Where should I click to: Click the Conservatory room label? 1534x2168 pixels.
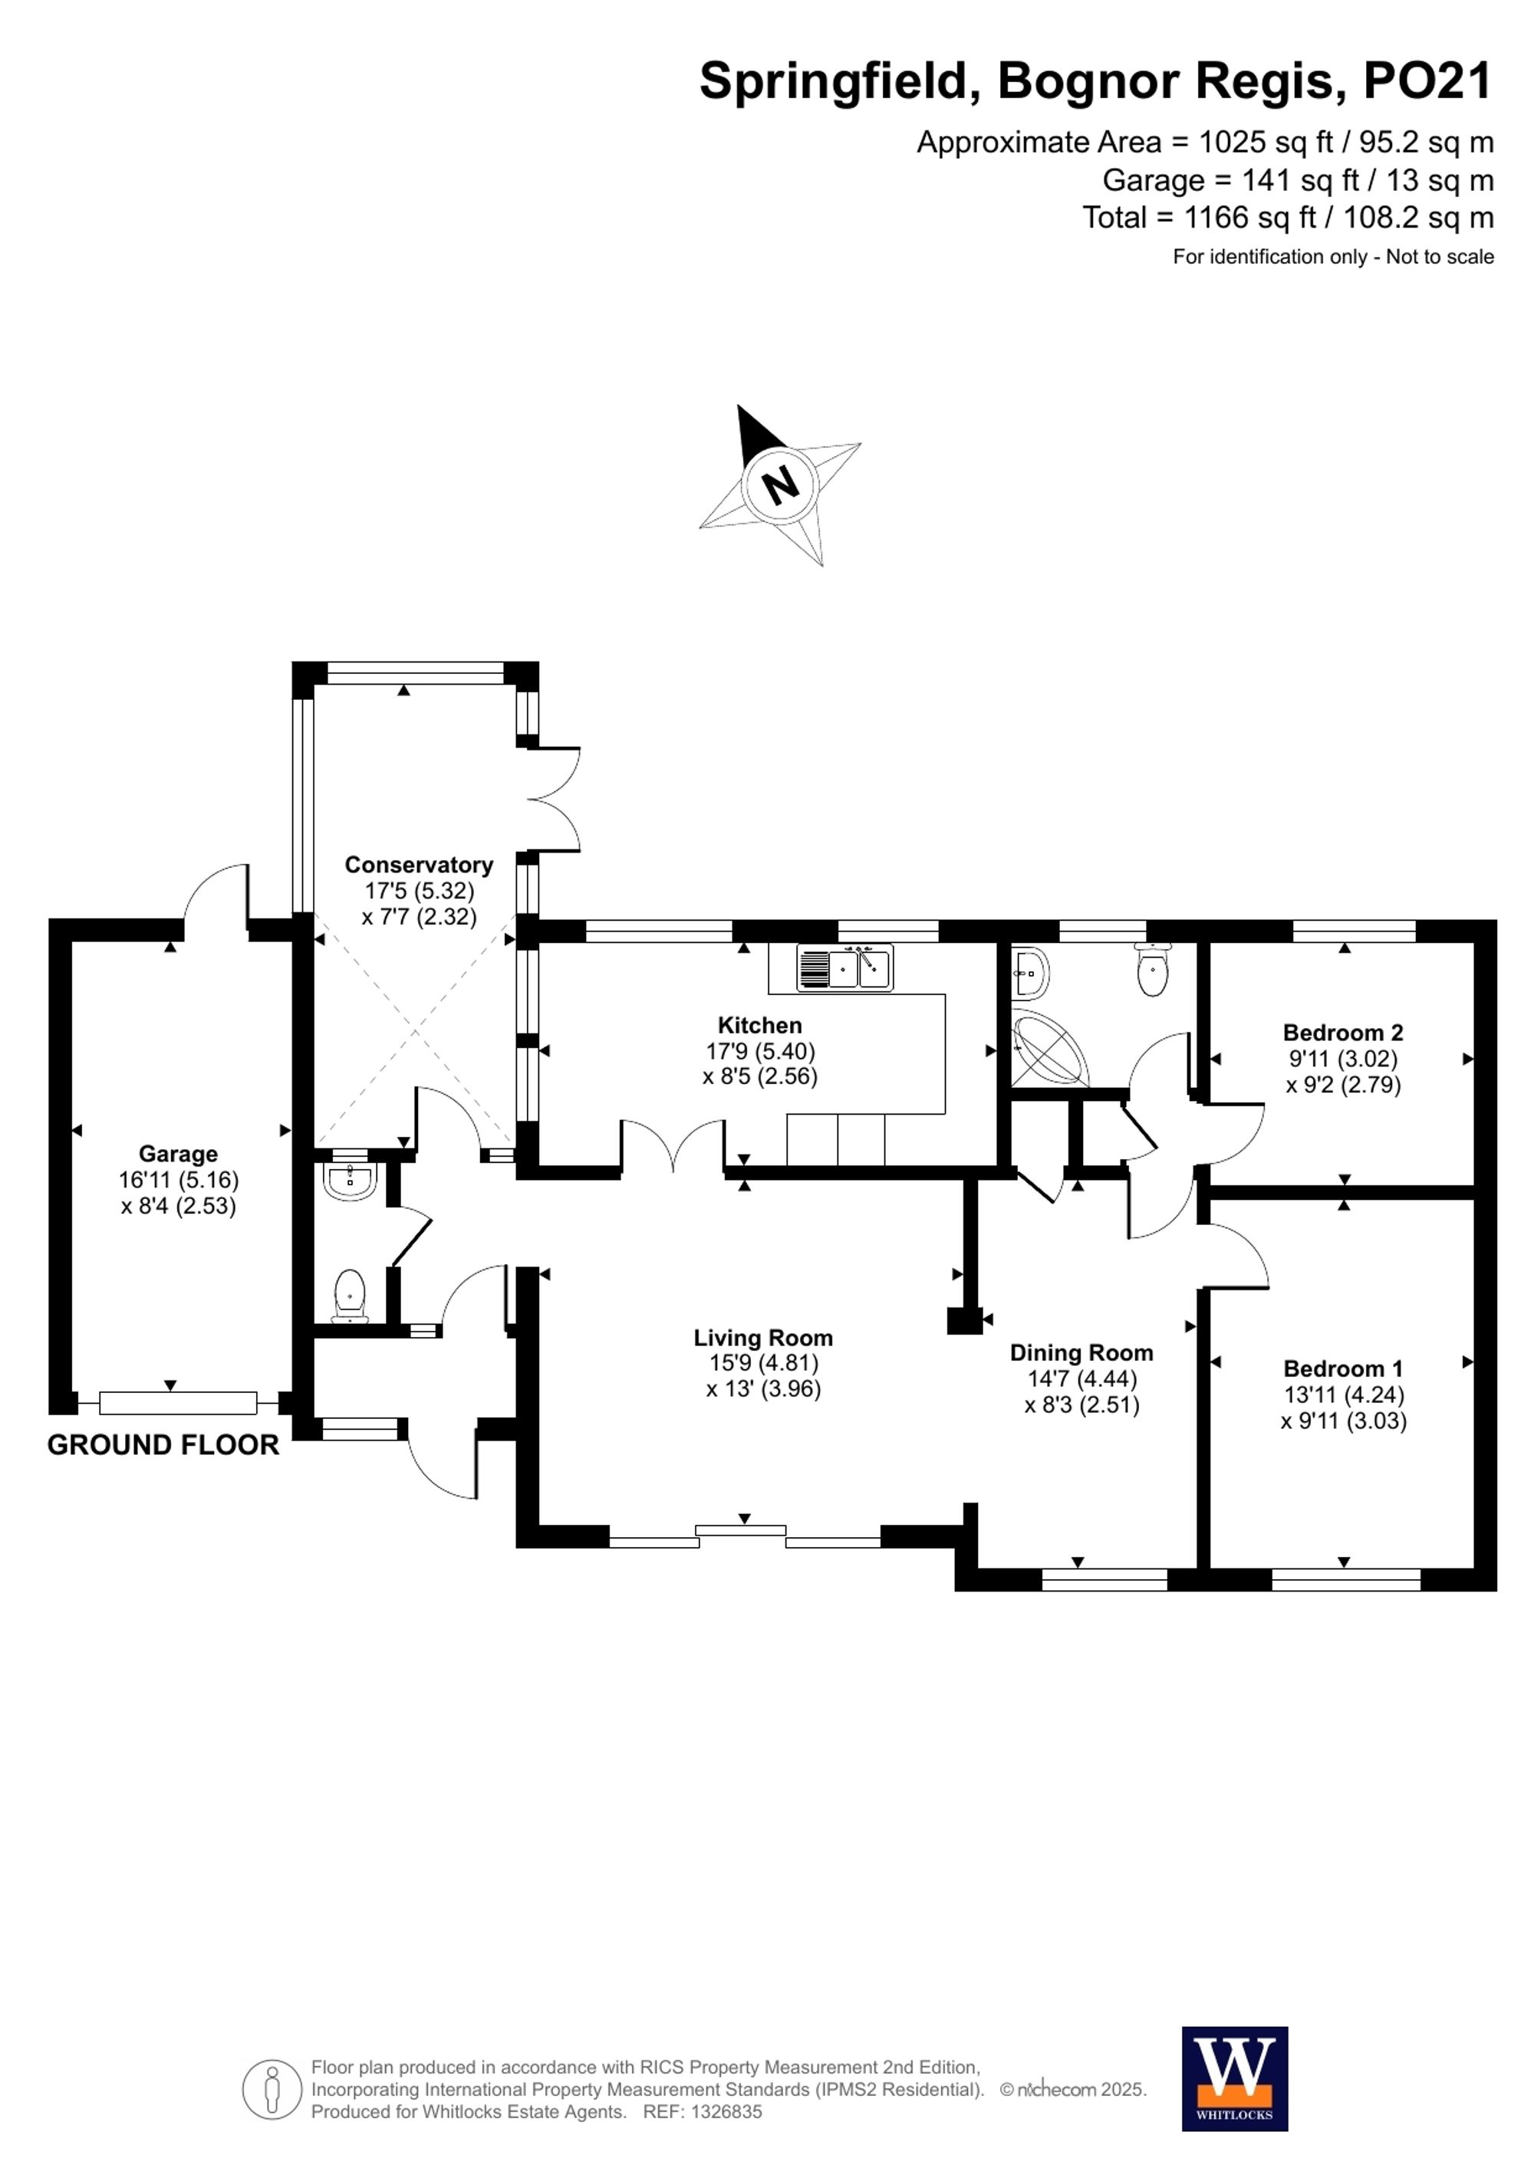pos(419,865)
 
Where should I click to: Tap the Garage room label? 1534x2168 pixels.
pos(178,1154)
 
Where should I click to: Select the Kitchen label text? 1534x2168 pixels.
pos(759,1026)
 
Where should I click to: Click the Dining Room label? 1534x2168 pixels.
pos(1081,1353)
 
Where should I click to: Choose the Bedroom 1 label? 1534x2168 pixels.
pos(1343,1369)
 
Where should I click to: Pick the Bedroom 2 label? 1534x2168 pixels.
pos(1343,1033)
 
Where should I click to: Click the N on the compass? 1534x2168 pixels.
pos(780,485)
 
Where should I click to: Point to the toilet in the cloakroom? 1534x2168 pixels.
pos(351,1296)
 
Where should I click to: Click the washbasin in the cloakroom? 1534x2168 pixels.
pos(351,1178)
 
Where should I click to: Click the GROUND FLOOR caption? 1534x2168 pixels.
pos(163,1446)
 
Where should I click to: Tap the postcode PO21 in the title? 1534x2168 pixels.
pos(1427,81)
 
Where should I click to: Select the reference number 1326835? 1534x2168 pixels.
pos(726,2112)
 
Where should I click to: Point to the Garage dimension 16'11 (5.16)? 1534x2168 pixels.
pos(179,1179)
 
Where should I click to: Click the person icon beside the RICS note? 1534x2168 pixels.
pos(273,2089)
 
